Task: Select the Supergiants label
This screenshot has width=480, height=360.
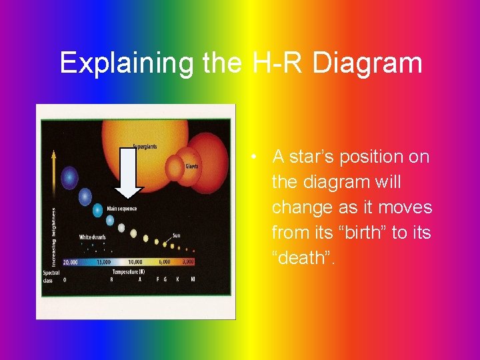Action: click(145, 147)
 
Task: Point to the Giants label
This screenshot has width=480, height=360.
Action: click(191, 166)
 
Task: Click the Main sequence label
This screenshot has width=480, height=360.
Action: click(122, 209)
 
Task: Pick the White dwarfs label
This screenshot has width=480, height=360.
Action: click(93, 237)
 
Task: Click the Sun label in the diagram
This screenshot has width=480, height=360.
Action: click(176, 235)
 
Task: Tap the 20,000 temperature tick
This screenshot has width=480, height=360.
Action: click(70, 262)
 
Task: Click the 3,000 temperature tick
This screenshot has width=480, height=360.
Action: click(188, 262)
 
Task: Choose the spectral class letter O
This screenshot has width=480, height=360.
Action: click(65, 279)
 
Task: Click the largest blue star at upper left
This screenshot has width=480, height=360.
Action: click(69, 178)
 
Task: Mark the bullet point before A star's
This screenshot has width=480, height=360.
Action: click(255, 158)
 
